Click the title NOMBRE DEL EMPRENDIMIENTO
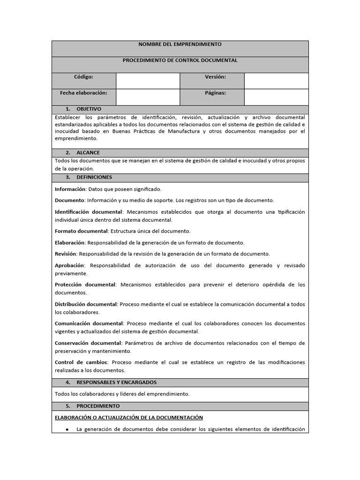180,45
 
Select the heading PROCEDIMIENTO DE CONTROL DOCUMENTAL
180,60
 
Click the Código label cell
83,77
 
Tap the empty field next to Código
148,81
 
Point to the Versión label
215,77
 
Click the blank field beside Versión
276,81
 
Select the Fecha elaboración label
83,93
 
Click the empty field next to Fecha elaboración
148,97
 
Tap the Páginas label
215,93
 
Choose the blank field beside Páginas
276,97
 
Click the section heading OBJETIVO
89,109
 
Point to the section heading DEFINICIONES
94,177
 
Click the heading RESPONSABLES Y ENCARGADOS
116,382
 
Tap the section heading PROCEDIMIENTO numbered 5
98,406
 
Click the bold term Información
70,189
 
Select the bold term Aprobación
70,265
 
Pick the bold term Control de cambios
81,362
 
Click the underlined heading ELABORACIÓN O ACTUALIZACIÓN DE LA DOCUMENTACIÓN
129,417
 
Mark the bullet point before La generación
67,429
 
